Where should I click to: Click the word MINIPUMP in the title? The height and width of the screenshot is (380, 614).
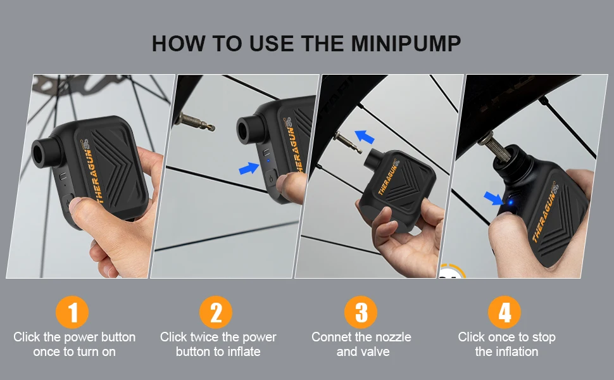pos(406,44)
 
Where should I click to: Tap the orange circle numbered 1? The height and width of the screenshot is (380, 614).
pos(72,312)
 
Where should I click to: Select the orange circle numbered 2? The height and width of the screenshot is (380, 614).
pos(216,312)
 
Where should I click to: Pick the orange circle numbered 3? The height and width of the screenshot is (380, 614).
pos(361,312)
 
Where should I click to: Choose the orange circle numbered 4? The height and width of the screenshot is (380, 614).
pos(504,312)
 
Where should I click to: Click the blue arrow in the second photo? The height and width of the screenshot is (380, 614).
pos(249,168)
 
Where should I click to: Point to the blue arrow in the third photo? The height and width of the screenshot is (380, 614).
pos(365,137)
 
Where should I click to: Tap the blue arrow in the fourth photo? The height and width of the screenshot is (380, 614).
pos(493,198)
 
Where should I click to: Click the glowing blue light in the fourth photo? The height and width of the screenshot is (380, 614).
pos(510,203)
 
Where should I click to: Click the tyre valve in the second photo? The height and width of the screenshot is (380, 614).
pos(194,122)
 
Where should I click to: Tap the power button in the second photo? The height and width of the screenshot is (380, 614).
pos(270,179)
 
